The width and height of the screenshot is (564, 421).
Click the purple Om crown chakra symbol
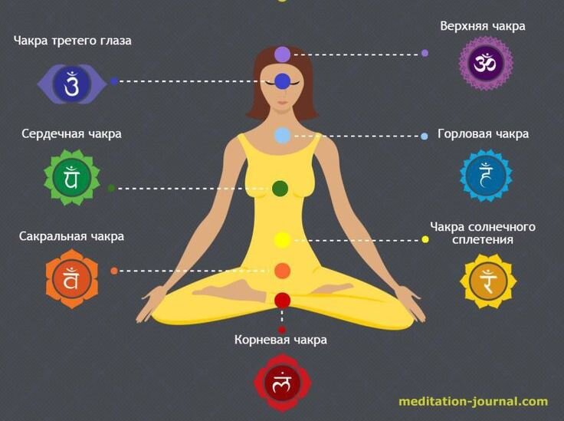485,64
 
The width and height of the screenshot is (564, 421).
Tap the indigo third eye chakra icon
72,84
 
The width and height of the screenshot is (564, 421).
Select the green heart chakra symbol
71,177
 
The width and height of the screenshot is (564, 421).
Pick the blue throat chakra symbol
485,176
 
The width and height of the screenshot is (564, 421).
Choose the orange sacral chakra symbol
71,281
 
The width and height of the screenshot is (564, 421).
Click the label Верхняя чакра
483,26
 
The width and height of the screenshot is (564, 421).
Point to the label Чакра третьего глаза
73,41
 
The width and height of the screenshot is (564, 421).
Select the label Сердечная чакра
71,133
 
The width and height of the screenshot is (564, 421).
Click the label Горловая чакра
483,133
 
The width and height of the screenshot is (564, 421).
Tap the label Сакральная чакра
71,236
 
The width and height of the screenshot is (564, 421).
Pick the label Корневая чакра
280,339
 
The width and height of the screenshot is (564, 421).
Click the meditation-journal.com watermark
473,401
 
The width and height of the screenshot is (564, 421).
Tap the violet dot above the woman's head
282,54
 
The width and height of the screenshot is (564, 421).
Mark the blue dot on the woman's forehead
282,81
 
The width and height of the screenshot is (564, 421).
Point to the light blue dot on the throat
282,136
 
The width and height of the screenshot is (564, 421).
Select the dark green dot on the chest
280,188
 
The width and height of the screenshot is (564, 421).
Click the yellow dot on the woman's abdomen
281,239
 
